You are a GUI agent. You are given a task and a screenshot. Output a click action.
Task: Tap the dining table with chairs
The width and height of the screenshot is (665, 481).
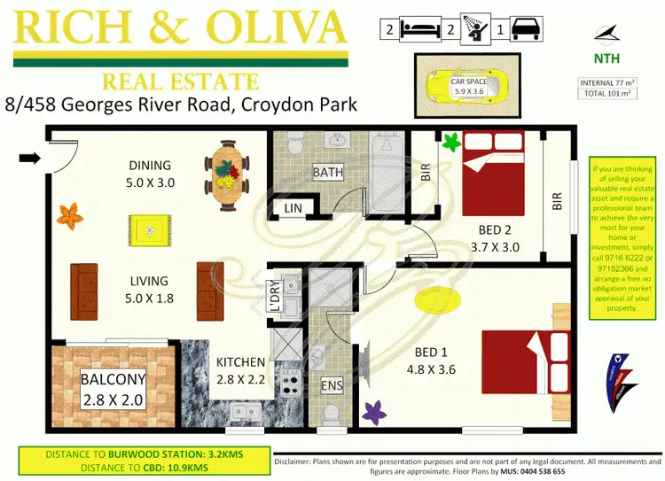[226, 169]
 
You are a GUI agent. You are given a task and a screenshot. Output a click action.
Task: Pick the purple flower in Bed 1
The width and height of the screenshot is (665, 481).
[374, 412]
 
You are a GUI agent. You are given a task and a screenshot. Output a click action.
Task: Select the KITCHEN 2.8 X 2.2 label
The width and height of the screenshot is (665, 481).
[240, 370]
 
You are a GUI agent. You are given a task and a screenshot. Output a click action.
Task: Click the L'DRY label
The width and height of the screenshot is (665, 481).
[270, 295]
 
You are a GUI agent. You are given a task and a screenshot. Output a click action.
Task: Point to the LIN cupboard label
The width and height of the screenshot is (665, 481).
[292, 209]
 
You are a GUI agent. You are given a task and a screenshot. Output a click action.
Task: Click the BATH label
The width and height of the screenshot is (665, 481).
[329, 172]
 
